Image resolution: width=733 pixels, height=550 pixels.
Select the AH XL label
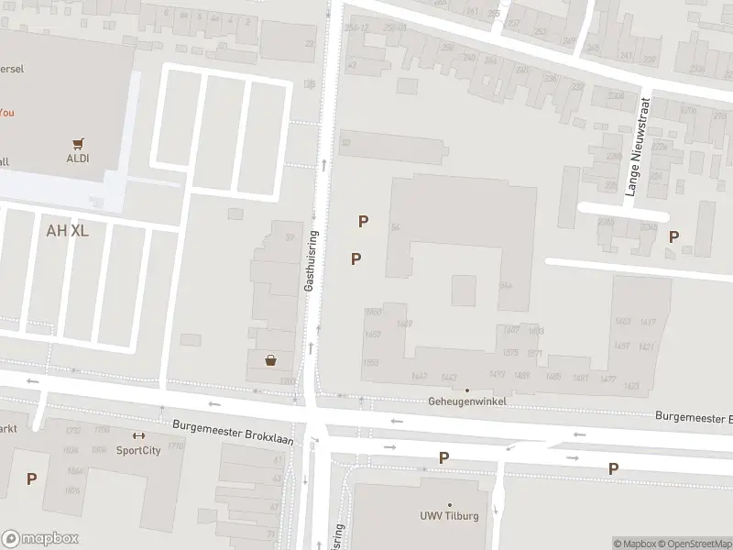pos(67,230)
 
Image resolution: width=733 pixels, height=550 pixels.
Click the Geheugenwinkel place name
pos(467,402)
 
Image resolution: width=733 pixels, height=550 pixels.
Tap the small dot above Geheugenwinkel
pos(467,390)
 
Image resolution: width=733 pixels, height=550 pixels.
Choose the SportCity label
pos(138,450)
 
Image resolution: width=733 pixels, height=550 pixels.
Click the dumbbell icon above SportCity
pos(138,436)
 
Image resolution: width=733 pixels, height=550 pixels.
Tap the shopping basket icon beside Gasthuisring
pos(271,360)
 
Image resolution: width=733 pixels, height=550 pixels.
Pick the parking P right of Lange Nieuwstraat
pos(673,236)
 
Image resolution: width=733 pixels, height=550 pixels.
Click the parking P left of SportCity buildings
pos(31,478)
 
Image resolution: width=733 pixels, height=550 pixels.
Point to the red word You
pos(6,113)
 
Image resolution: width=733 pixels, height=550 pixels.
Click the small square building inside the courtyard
pos(464,291)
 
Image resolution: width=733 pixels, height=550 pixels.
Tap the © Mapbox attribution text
pos(635,544)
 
